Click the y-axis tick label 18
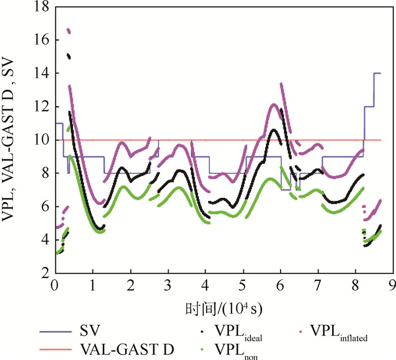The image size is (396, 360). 40,7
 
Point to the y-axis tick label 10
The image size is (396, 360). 40,140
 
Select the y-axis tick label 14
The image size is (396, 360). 40,73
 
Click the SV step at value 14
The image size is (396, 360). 376,73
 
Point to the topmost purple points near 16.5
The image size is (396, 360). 68,31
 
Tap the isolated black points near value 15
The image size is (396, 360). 68,55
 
